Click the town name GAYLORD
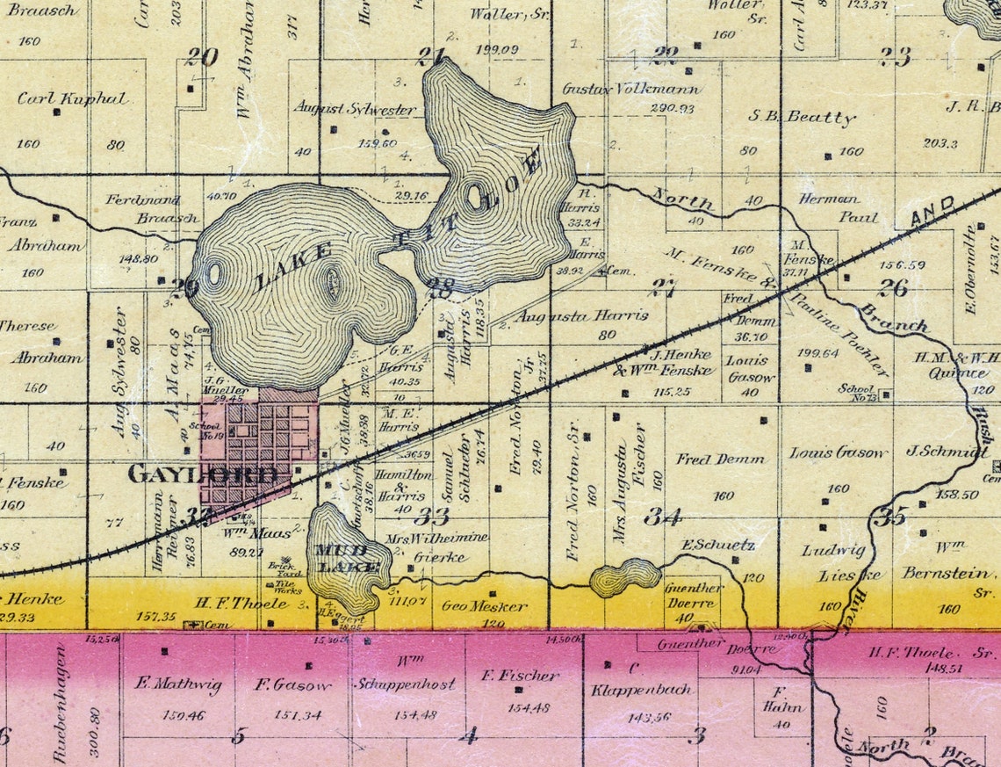point(208,475)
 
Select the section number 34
point(662,516)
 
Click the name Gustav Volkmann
point(631,90)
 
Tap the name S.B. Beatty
point(801,117)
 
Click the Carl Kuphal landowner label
point(72,98)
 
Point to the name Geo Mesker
point(485,606)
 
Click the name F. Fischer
point(520,675)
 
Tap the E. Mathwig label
point(178,684)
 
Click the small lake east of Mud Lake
point(624,577)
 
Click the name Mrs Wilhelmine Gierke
point(437,546)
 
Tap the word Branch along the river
point(894,318)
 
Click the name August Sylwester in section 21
point(355,109)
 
